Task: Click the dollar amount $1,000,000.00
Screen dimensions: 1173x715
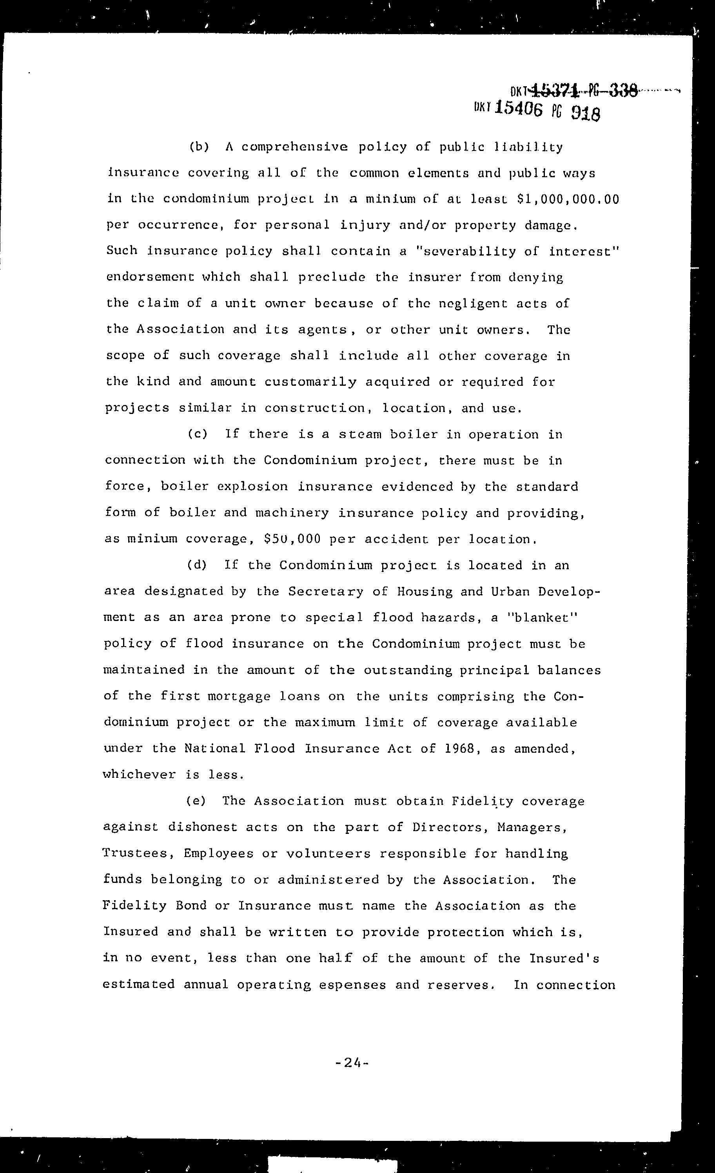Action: (568, 199)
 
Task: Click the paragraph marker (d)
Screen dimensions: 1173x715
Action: (197, 565)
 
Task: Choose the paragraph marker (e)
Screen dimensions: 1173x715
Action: (196, 801)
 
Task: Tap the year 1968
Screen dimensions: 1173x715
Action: (460, 748)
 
